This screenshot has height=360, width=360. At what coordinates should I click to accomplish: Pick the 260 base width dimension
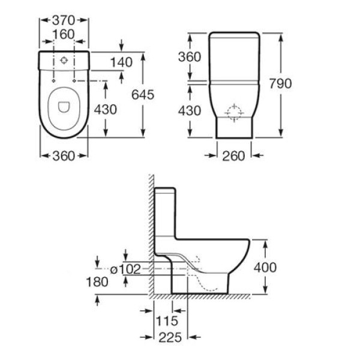[x=233, y=156]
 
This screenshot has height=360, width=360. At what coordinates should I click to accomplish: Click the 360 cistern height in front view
[x=190, y=56]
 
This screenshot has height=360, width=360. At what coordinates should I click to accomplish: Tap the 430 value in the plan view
[x=106, y=109]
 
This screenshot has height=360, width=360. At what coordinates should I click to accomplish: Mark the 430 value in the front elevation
[x=190, y=110]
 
